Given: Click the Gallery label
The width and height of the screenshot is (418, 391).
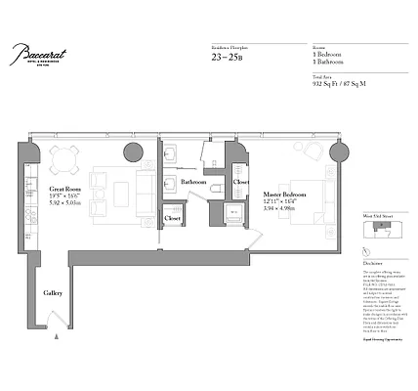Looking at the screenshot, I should coord(53,292).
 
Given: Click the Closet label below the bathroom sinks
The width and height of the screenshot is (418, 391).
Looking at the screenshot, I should coord(172,218).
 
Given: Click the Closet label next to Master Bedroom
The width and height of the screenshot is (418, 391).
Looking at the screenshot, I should coord(240,181).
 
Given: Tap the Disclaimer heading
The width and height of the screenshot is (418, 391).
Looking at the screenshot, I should coord(372,264).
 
